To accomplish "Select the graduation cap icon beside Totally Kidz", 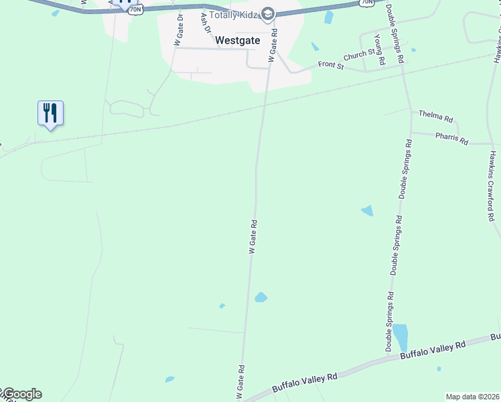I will (x=268, y=14).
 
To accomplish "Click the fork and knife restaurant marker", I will (x=50, y=112).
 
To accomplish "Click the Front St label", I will (x=331, y=66).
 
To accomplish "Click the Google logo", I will (x=21, y=394).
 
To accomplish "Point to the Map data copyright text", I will (x=473, y=397).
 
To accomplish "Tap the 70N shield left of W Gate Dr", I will (x=136, y=10).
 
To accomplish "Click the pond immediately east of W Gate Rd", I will (x=261, y=297).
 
